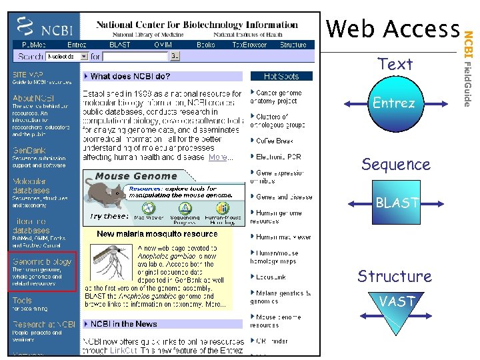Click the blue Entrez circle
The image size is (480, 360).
tap(394, 104)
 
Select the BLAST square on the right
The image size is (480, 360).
tap(397, 203)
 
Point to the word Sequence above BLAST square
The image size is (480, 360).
tap(395, 164)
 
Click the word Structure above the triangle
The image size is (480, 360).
tap(394, 276)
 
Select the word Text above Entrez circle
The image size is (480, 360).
tap(395, 64)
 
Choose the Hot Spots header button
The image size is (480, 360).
tap(281, 77)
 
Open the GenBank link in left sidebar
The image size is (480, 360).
tap(29, 151)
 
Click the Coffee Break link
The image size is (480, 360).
tap(274, 141)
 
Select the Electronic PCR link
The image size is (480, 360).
tap(278, 157)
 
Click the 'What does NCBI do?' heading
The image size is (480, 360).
tap(129, 77)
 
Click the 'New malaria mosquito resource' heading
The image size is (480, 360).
tap(157, 234)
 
